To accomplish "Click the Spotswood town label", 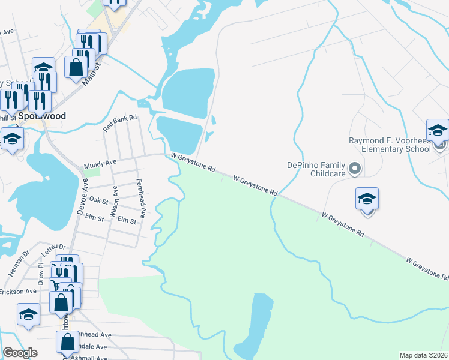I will click(x=41, y=115).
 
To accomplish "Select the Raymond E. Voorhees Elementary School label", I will click(x=390, y=145).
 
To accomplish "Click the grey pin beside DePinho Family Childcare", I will click(x=354, y=169).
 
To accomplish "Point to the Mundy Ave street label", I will click(x=100, y=163).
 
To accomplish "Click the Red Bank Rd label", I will click(x=120, y=124).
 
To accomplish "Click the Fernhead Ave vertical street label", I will click(x=142, y=198).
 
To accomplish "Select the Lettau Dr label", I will click(x=53, y=247).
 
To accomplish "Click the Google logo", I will click(x=20, y=353).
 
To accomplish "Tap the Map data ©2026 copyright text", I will click(x=424, y=355).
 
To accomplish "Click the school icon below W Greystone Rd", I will click(x=367, y=200).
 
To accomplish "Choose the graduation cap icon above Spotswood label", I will click(x=43, y=68).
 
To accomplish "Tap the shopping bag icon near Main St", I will click(x=76, y=67).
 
